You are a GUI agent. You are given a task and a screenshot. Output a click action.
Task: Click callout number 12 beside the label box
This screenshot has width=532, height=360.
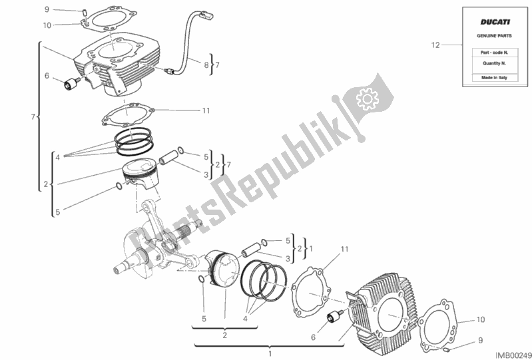tap(435, 45)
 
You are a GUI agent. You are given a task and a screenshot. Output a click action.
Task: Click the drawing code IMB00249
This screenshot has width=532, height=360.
tap(513, 354)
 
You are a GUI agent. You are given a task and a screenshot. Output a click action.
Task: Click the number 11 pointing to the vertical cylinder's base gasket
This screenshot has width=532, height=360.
tap(206, 110)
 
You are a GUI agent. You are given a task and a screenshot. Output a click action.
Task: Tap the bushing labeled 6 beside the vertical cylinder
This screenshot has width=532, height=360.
tap(69, 85)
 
